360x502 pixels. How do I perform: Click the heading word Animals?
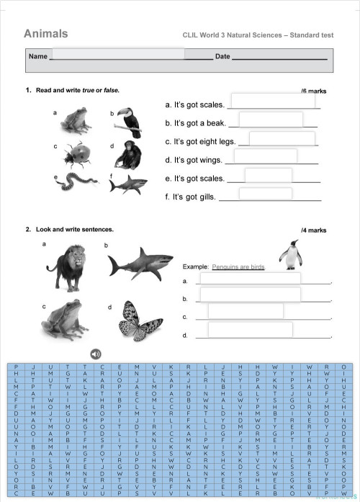[46, 34]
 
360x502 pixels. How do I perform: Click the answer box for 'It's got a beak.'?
[271, 120]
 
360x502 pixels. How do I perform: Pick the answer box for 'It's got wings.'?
[266, 156]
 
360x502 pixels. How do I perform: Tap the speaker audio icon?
[96, 353]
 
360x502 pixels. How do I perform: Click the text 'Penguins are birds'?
[238, 266]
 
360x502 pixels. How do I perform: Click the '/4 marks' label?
[314, 230]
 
